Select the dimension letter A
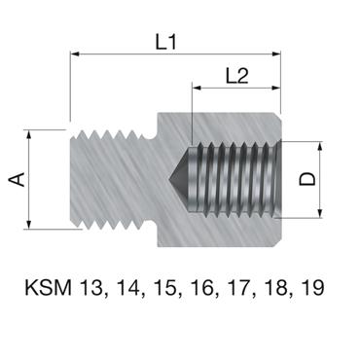point(16,179)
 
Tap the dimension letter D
point(334,179)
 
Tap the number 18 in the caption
point(291,289)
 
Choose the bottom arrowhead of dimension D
point(317,213)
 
